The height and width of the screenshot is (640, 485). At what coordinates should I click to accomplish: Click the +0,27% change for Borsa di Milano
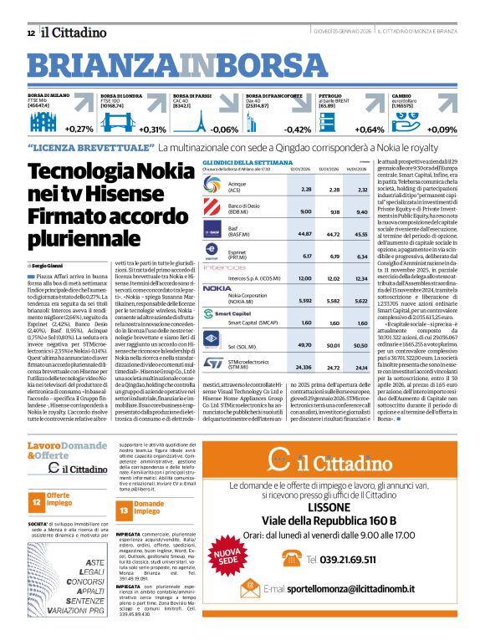coord(79,130)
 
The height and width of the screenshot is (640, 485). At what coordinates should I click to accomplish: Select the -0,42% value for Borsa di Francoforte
coord(297,130)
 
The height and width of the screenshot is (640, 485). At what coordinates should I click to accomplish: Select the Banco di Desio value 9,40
coord(362,212)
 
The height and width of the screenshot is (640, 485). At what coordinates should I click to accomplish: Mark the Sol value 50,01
coord(334,344)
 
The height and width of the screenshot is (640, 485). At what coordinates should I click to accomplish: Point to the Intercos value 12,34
coord(362,278)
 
